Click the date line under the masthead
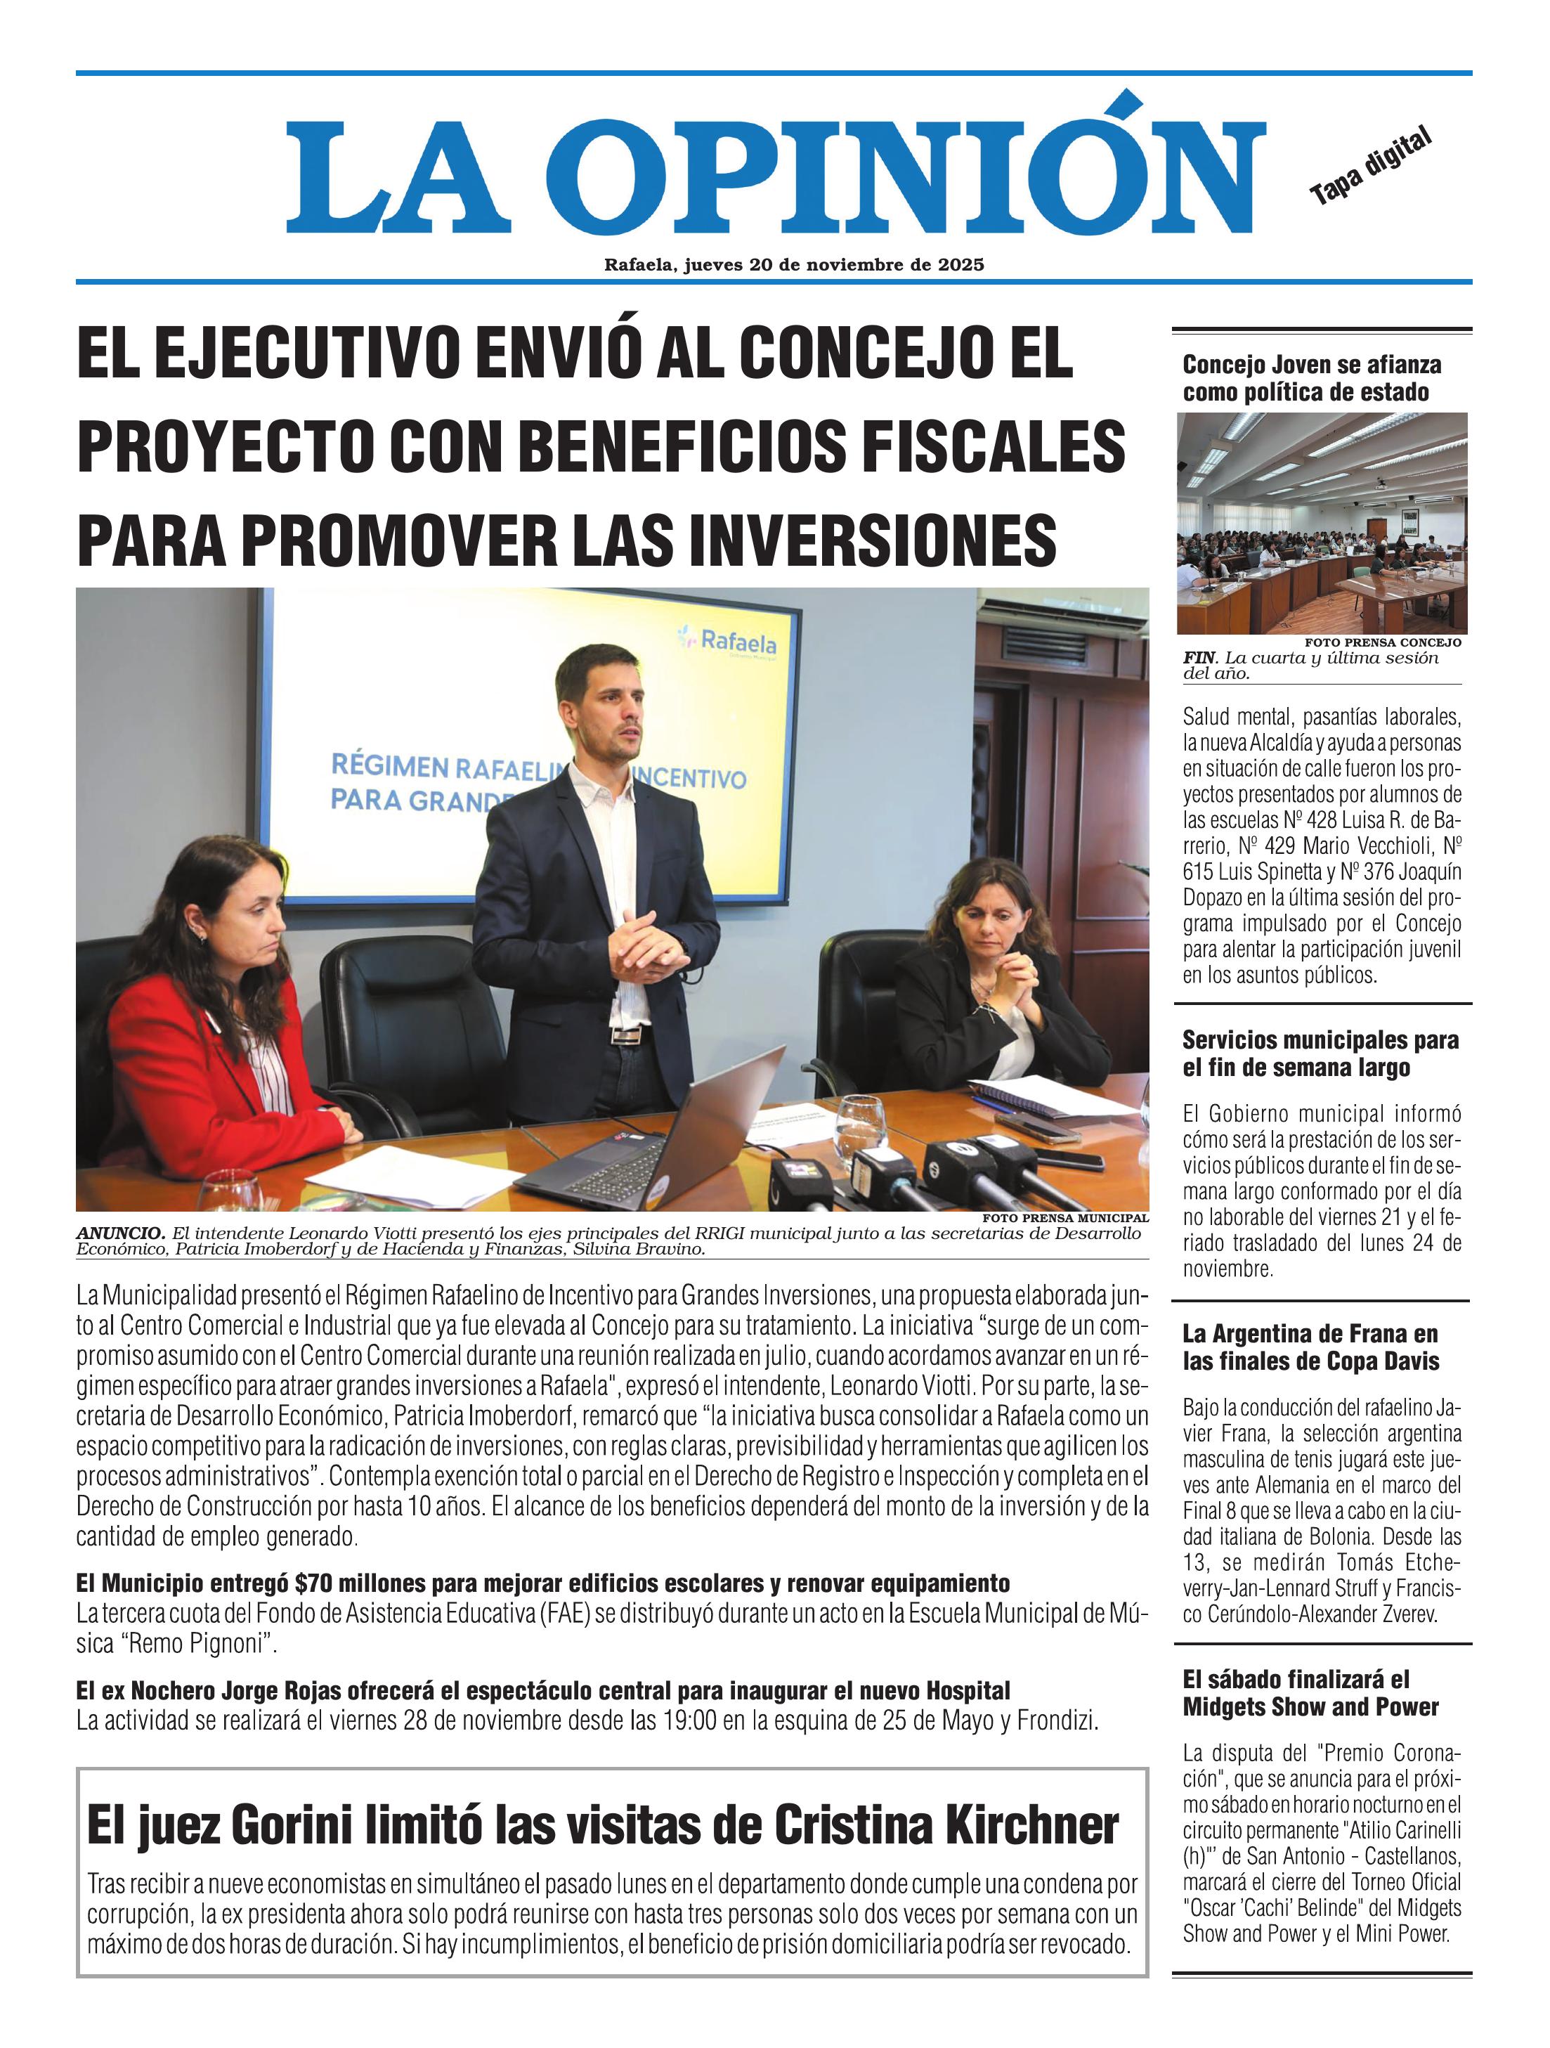(793, 265)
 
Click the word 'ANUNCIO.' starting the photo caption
(120, 1233)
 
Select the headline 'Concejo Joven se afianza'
(1311, 365)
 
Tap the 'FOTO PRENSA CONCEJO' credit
(1383, 642)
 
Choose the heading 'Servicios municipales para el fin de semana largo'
(1320, 1054)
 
